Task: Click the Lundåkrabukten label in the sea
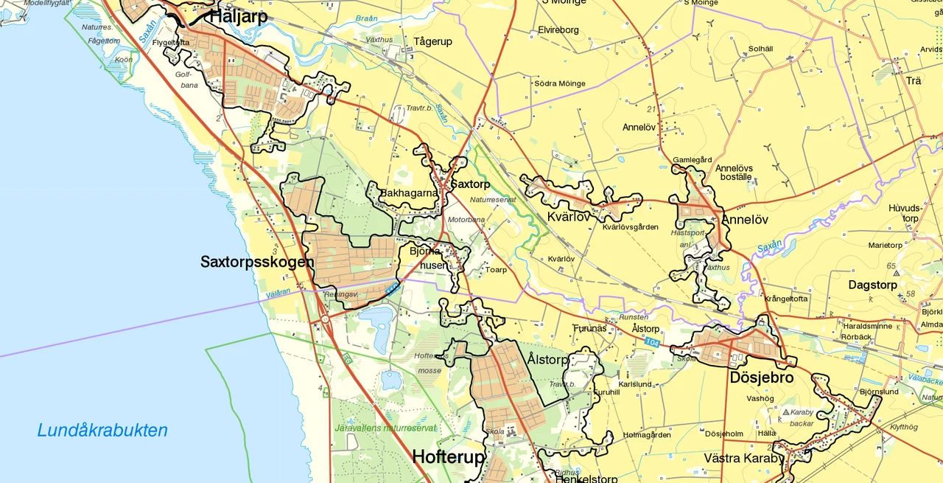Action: point(102,431)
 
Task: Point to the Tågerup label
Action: point(432,42)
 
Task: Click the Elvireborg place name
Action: point(558,30)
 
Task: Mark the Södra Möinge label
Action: point(560,83)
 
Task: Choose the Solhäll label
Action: point(760,49)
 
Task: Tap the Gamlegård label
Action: point(693,160)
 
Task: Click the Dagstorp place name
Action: point(872,285)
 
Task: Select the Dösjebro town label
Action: point(762,378)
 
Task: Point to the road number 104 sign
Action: point(651,343)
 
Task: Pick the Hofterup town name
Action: point(448,457)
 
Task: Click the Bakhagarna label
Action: point(409,193)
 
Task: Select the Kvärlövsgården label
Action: point(630,227)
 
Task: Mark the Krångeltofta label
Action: point(786,299)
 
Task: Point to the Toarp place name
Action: point(496,270)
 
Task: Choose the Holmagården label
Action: point(646,434)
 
